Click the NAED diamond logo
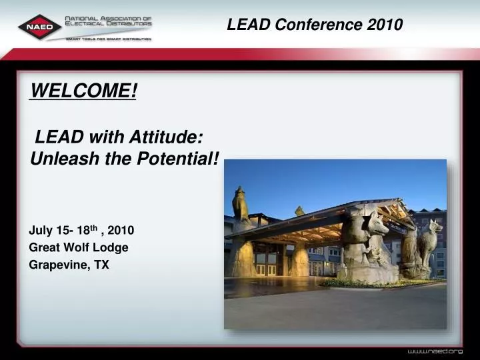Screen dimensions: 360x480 (x=40, y=27)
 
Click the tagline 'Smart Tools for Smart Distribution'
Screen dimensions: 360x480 (x=108, y=39)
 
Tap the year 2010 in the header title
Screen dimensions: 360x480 (x=384, y=25)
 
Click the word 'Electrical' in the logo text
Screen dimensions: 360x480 (x=87, y=27)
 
